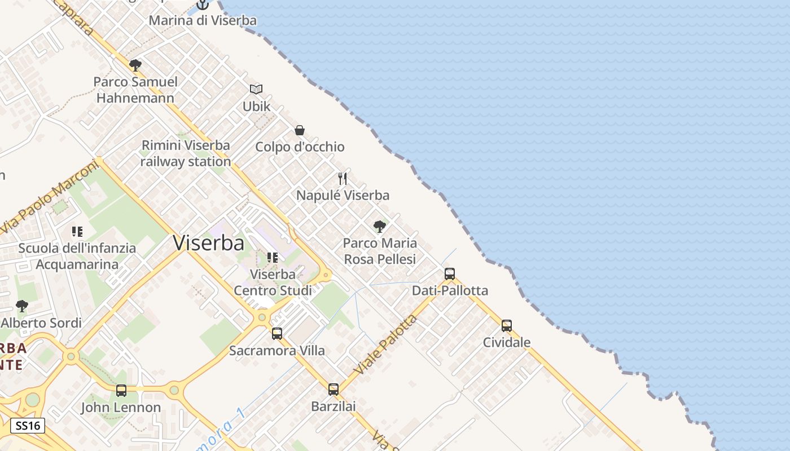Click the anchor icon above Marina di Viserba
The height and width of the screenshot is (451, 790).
pos(203,5)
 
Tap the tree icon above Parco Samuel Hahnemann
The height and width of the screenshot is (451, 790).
pos(135,65)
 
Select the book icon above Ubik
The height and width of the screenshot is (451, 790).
pos(256,89)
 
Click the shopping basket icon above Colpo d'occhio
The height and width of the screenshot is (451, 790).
pos(300,130)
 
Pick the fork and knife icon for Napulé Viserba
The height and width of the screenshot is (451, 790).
pos(343,179)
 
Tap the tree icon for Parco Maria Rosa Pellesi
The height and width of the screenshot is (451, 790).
pos(380,227)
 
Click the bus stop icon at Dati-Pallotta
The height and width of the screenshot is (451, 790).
pos(450,274)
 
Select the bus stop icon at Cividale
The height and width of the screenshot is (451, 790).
pos(507,325)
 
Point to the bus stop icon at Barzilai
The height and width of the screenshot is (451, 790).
pos(333,389)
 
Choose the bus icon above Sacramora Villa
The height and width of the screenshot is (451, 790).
pos(277,333)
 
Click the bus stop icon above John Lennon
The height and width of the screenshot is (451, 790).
pos(121,390)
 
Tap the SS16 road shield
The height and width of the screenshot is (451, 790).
pos(27,426)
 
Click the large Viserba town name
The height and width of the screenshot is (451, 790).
pos(208,242)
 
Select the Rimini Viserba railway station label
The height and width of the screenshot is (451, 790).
pos(186,153)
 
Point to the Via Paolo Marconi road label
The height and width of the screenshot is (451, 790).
pos(49,197)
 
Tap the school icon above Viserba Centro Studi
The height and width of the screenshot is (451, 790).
pos(273,258)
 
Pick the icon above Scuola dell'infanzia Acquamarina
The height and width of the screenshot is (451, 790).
pos(77,231)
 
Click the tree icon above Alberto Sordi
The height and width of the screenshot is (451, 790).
pos(22,306)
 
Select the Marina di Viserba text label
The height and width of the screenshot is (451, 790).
pos(203,20)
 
